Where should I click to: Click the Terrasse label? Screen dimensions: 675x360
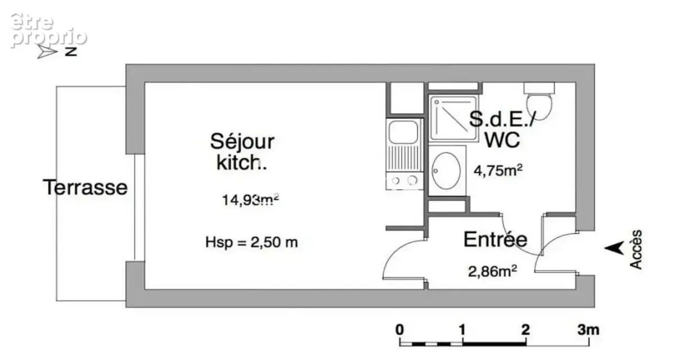click(x=85, y=187)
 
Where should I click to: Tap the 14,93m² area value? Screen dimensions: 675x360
click(x=250, y=200)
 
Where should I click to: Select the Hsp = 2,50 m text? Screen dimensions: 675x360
click(x=251, y=242)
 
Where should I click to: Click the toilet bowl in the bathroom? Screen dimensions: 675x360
click(x=539, y=106)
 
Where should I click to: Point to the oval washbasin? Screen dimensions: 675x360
click(x=446, y=171)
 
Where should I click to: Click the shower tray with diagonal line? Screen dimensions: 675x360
click(x=453, y=118)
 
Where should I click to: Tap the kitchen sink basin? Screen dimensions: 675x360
click(x=403, y=132)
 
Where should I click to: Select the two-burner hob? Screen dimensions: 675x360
click(x=404, y=181)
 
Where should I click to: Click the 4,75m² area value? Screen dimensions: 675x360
click(x=498, y=170)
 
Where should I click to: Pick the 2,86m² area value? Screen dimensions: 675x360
click(x=492, y=271)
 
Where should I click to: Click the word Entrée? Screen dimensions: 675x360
click(x=496, y=240)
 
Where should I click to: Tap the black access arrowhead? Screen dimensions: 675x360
click(x=614, y=248)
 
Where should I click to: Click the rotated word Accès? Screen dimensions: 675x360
click(x=636, y=249)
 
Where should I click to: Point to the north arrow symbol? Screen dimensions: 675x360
click(x=47, y=52)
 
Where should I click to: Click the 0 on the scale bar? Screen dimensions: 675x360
click(x=399, y=330)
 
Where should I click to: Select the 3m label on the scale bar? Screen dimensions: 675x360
click(x=588, y=330)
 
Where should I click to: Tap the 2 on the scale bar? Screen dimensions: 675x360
click(x=525, y=330)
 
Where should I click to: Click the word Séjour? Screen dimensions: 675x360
click(x=242, y=142)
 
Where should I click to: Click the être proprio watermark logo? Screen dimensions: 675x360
click(x=48, y=30)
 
